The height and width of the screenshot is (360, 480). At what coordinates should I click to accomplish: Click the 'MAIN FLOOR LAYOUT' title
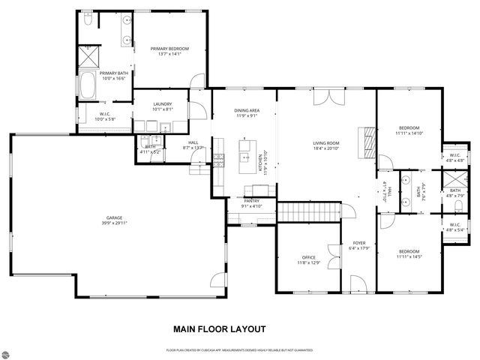tap(218, 328)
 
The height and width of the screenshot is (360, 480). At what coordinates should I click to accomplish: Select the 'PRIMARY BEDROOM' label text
tap(169, 49)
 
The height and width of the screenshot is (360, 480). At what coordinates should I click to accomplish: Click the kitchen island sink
tap(244, 157)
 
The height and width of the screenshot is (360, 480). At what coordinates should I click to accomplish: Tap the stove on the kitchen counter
tap(219, 158)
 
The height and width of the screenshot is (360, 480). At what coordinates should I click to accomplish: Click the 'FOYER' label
tap(359, 244)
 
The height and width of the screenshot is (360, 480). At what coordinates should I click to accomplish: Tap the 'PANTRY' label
tap(250, 201)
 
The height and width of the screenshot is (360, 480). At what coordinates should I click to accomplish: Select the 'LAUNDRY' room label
tap(163, 104)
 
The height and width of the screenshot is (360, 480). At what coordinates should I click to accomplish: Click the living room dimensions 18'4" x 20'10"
tap(326, 148)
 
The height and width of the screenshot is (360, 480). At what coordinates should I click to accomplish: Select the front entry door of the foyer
tap(359, 285)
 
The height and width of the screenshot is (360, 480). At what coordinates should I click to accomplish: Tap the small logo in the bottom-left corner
tap(11, 349)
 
